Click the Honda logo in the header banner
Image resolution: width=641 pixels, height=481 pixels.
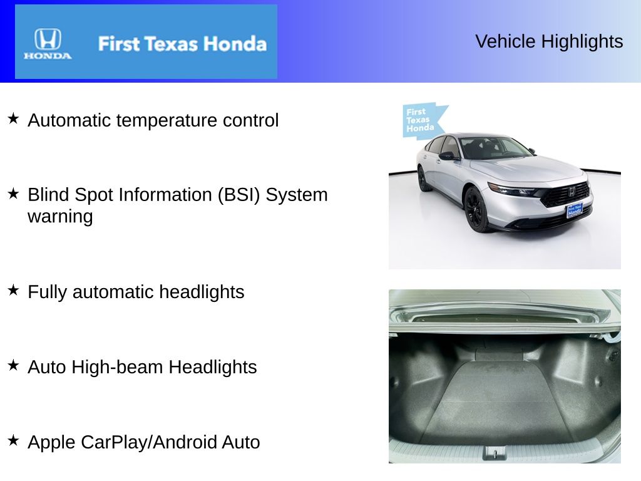[48, 43]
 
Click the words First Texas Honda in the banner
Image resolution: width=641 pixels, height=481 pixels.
[182, 44]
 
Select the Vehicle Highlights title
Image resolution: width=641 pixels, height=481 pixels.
[549, 41]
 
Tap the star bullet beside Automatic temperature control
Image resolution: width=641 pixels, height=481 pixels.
[13, 118]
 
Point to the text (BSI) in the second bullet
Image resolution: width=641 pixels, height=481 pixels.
[238, 195]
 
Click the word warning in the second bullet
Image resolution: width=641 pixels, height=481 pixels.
[60, 217]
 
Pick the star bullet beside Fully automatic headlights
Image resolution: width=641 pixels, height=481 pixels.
[13, 290]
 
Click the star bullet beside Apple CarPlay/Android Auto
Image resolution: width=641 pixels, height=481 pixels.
[13, 440]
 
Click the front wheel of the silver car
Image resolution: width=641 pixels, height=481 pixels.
[476, 209]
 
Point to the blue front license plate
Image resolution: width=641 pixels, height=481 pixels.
[574, 210]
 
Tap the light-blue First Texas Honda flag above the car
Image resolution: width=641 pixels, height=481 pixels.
[422, 120]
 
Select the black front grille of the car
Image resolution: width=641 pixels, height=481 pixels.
[565, 194]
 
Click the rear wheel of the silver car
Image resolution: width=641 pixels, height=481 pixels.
[424, 179]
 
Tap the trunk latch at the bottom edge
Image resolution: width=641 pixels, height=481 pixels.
[495, 452]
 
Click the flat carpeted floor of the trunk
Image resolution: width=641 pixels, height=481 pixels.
[501, 401]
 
